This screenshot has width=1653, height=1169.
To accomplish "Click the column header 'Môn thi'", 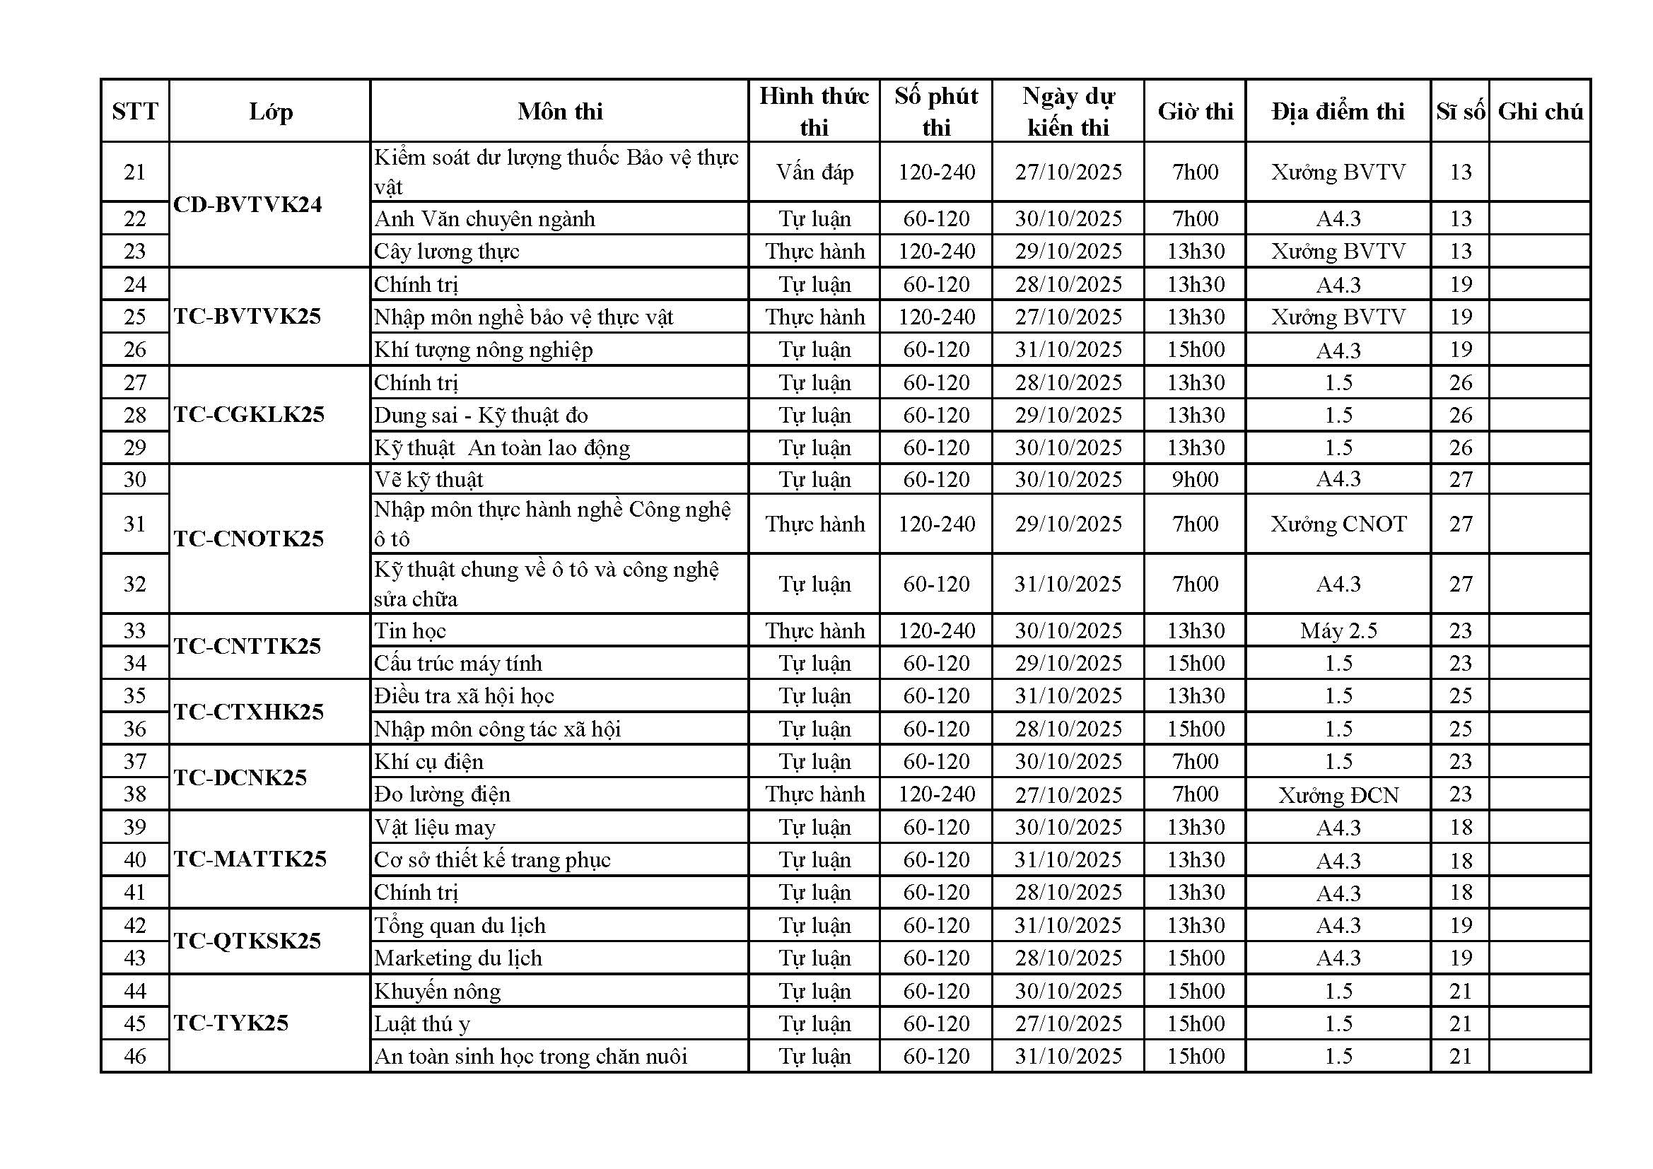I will [x=559, y=112].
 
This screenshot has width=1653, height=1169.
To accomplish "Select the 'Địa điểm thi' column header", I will [x=1338, y=112].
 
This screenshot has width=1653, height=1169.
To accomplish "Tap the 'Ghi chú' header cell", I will [x=1540, y=112].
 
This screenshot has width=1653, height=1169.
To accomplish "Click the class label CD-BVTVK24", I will [x=247, y=205].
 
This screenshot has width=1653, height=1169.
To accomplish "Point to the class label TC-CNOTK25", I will [x=249, y=539].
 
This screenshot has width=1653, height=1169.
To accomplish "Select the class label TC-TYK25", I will [x=231, y=1023].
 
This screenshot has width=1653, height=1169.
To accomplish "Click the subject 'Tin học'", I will [x=410, y=630].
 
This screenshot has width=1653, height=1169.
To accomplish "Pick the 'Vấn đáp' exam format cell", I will [x=814, y=172].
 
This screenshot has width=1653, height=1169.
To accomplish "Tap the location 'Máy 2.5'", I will [x=1338, y=630].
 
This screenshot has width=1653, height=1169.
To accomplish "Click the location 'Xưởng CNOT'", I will [x=1338, y=524].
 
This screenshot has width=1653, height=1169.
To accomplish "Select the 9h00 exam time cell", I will [x=1195, y=479].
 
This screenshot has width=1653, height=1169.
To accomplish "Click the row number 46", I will [x=134, y=1056].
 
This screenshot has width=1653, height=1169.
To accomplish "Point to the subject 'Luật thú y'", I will [x=422, y=1023].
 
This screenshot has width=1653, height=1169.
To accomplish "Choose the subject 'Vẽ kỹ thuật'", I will [x=429, y=479].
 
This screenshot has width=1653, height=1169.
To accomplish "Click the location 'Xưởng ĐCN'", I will [x=1338, y=794].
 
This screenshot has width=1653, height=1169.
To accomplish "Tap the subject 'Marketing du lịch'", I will [x=458, y=958].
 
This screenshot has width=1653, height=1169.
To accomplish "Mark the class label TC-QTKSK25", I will [x=247, y=941].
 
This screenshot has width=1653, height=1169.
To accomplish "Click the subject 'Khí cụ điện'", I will [x=429, y=762].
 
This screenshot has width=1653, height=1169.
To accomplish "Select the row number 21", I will [x=134, y=172].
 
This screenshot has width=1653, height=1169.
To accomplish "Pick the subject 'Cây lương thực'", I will [x=446, y=251].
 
